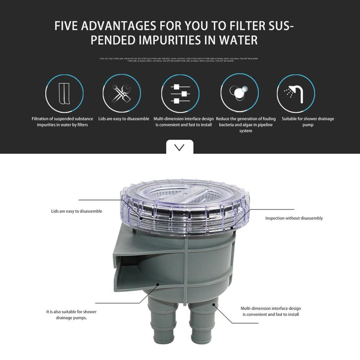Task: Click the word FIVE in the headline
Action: (x=68, y=26)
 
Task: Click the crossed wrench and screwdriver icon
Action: (x=121, y=94)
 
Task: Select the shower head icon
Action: (x=296, y=94)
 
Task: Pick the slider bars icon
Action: (x=180, y=94)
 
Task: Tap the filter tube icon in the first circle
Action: (x=64, y=94)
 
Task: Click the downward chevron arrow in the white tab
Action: (x=179, y=147)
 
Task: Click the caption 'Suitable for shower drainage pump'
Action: (x=308, y=122)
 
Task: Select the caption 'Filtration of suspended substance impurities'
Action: (x=62, y=122)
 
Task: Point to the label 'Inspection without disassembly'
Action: (x=294, y=218)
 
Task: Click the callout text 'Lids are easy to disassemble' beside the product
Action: (x=77, y=211)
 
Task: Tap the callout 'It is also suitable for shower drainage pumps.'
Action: (x=71, y=315)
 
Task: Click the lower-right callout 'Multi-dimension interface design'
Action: (x=270, y=311)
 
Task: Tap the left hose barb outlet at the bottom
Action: (x=160, y=328)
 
